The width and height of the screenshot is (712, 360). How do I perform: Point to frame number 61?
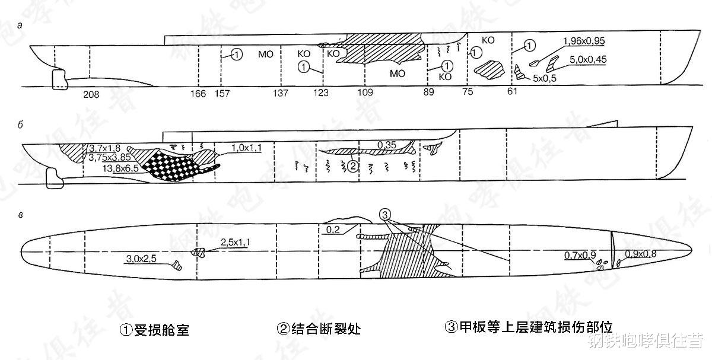coord(512,93)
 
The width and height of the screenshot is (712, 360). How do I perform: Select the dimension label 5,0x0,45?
coord(588,59)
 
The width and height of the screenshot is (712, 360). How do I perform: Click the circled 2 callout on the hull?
coord(352,167)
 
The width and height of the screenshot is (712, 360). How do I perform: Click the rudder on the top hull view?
coord(58,79)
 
